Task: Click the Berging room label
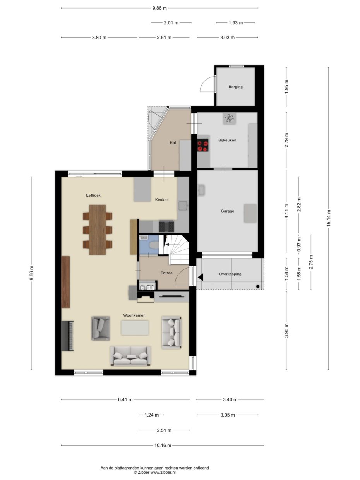click(235, 87)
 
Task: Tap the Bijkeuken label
click(227, 140)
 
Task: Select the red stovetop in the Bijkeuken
click(202, 146)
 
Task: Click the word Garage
click(227, 211)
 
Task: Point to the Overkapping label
click(230, 274)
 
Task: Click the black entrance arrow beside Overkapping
click(201, 277)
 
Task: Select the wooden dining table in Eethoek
click(98, 230)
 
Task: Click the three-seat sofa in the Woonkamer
click(130, 356)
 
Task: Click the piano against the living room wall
click(67, 336)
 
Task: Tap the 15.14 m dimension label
click(329, 218)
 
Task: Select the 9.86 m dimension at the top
click(159, 8)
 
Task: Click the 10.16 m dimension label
click(163, 446)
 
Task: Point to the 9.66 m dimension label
click(31, 273)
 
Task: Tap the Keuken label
click(162, 200)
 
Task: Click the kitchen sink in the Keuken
click(183, 205)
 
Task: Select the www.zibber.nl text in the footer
click(163, 473)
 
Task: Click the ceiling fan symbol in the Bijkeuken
click(229, 118)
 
